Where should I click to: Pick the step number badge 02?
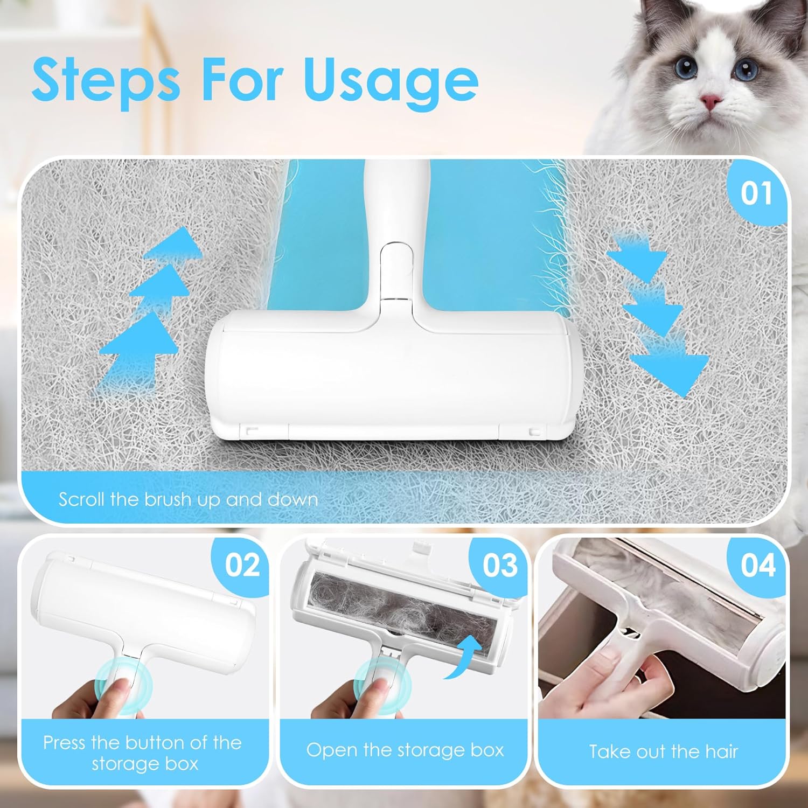242,565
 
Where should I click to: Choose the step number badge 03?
500,565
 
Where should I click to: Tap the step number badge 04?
757,565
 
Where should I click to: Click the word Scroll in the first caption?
82,499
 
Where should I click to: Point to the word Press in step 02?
64,743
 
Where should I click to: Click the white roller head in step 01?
395,380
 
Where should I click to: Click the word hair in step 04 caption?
720,751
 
